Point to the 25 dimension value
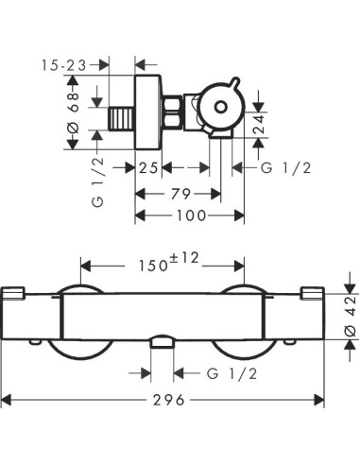(x=146, y=167)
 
